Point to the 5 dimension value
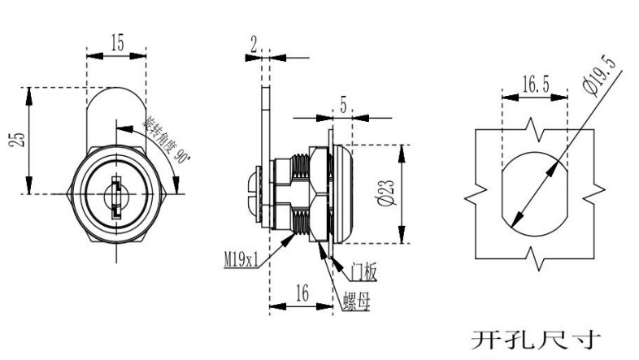pyautogui.click(x=344, y=103)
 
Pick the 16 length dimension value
pyautogui.click(x=302, y=294)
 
